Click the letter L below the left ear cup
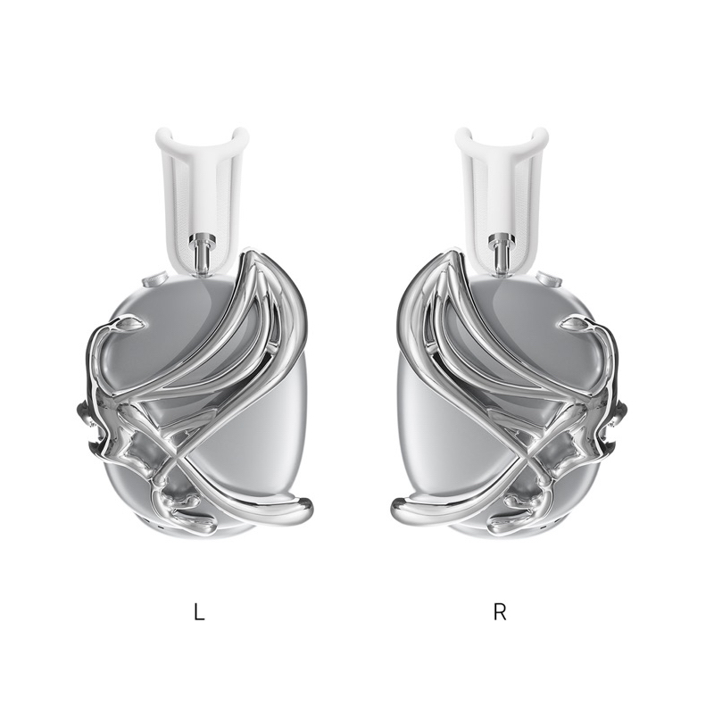[x=199, y=612]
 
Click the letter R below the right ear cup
[x=500, y=612]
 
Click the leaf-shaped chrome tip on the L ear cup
[x=131, y=324]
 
